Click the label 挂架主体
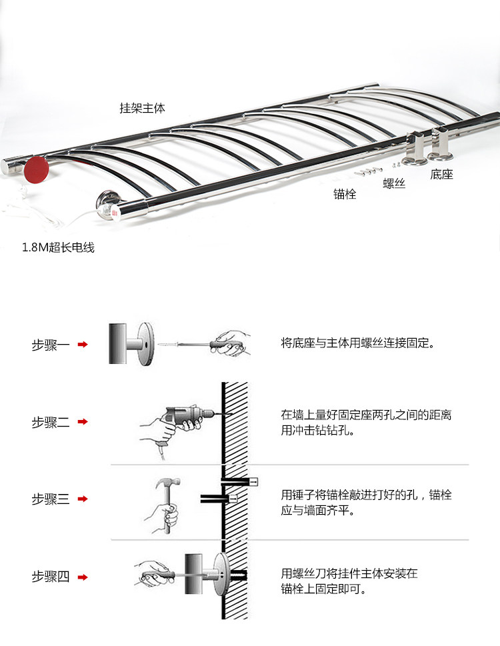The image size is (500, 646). tap(142, 108)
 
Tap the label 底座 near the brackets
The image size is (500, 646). tap(441, 174)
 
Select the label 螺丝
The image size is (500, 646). tap(394, 183)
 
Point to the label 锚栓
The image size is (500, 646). tap(345, 194)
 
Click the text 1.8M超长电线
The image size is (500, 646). tap(58, 247)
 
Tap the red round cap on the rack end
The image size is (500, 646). tap(36, 169)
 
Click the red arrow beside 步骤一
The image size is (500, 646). tap(83, 345)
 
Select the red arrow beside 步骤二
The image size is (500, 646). tap(83, 421)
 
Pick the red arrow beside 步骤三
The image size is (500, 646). tap(83, 499)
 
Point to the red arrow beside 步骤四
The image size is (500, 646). tap(83, 577)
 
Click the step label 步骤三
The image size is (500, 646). tap(51, 499)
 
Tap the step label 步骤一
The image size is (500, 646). tap(51, 345)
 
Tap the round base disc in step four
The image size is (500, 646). tap(221, 574)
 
